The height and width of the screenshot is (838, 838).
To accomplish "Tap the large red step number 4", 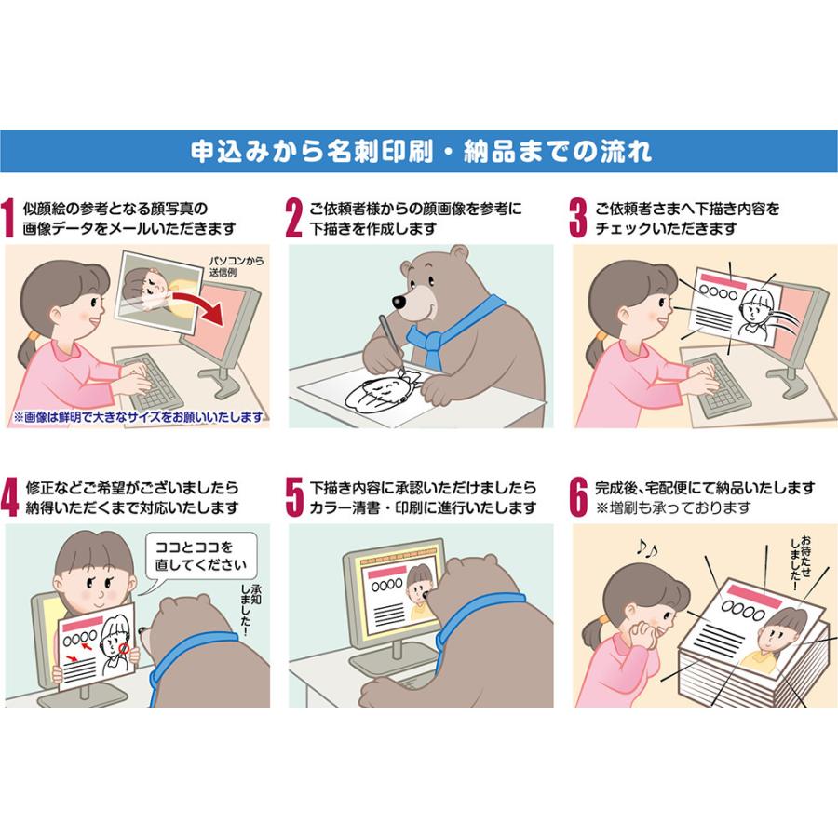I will tap(9, 498).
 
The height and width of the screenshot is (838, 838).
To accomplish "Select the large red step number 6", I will tap(578, 498).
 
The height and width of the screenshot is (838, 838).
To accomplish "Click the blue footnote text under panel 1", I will tap(138, 416).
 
